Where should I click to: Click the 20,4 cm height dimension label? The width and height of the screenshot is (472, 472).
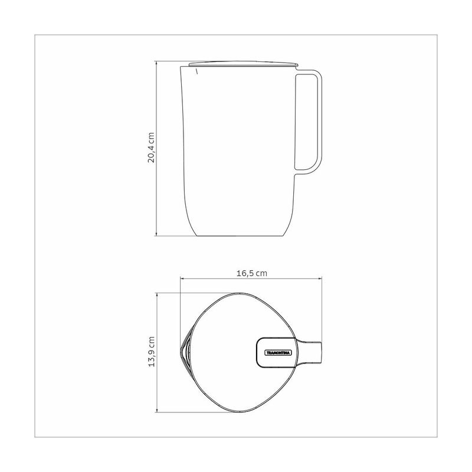tap(151, 147)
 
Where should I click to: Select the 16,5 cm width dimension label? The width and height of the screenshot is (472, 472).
tap(252, 273)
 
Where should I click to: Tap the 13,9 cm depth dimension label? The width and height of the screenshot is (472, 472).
tap(151, 351)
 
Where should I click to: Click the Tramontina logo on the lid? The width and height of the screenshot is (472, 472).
tap(278, 352)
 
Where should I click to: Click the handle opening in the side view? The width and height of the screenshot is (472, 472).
tap(306, 122)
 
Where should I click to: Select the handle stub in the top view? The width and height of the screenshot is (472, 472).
tap(310, 352)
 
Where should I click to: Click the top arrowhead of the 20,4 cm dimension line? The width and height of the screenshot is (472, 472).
tap(156, 63)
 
